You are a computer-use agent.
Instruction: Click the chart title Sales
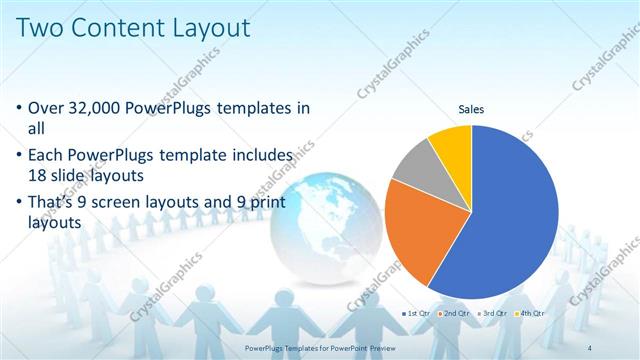tap(471, 108)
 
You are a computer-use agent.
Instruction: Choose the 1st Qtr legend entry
tap(416, 313)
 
